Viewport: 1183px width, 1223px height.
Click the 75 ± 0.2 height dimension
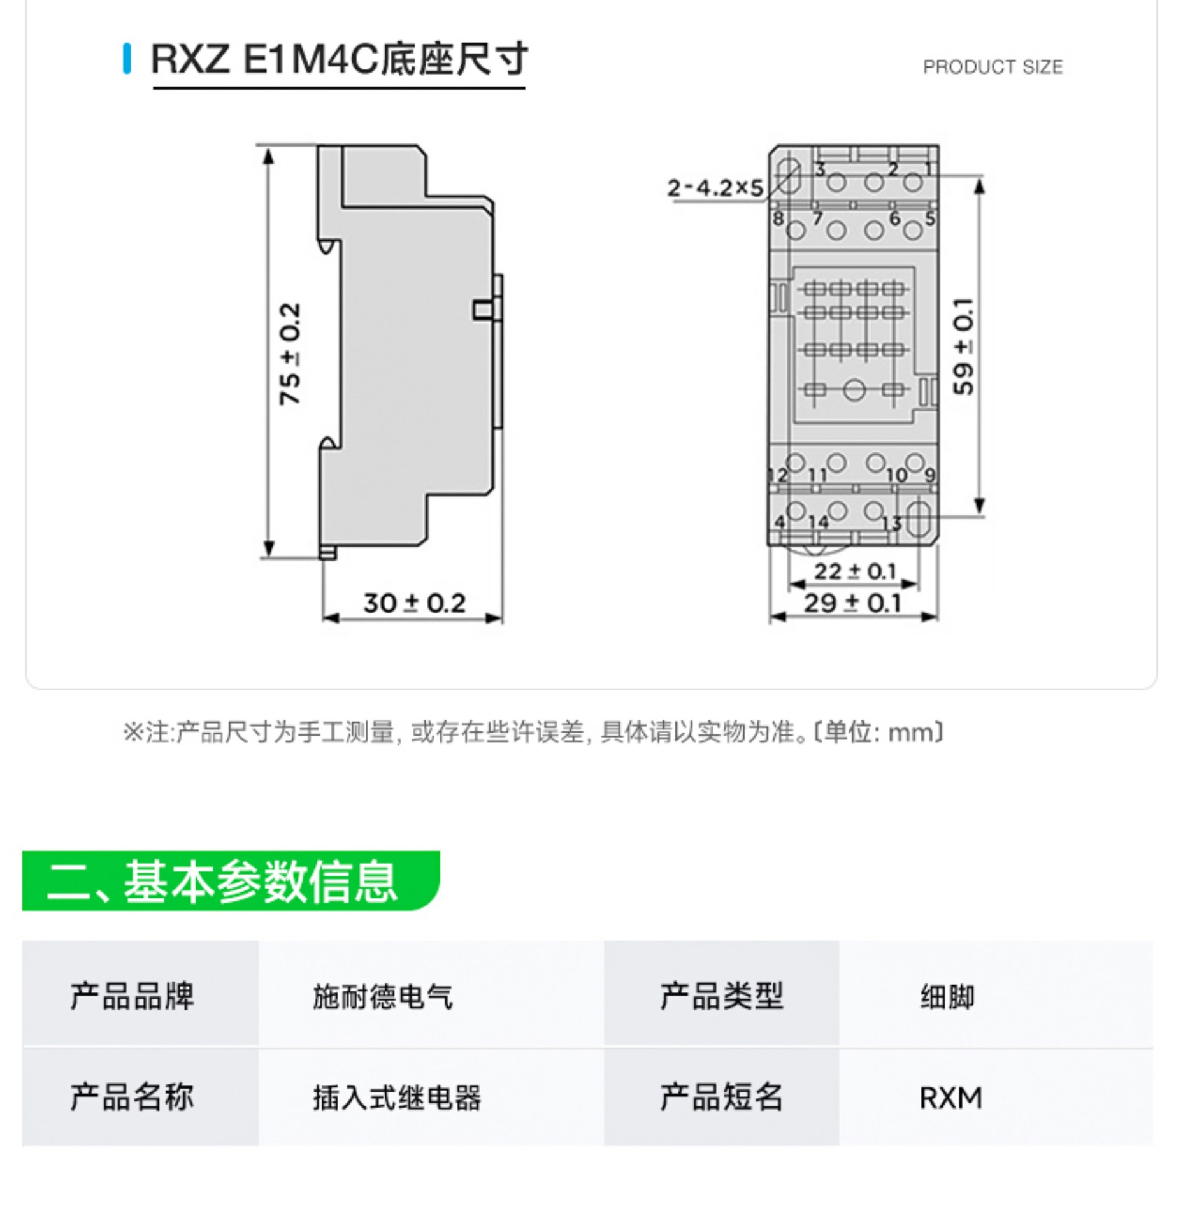pyautogui.click(x=290, y=354)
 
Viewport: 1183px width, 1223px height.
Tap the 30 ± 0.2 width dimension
pyautogui.click(x=414, y=603)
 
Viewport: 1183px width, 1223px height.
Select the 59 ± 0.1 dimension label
pyautogui.click(x=963, y=347)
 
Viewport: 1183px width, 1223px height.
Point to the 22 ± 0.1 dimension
pyautogui.click(x=854, y=571)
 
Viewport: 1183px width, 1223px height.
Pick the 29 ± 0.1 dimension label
pyautogui.click(x=852, y=603)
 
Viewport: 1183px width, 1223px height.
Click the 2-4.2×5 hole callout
pyautogui.click(x=714, y=188)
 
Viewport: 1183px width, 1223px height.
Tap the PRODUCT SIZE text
pyautogui.click(x=992, y=67)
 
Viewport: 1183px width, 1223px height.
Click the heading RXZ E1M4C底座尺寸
pyautogui.click(x=339, y=59)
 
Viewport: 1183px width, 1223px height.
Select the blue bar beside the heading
pyautogui.click(x=127, y=59)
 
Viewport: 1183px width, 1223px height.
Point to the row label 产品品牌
pyautogui.click(x=132, y=996)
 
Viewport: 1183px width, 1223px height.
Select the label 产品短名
pyautogui.click(x=721, y=1098)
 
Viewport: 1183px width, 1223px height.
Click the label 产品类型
pyautogui.click(x=721, y=996)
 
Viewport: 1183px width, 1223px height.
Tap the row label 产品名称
pyautogui.click(x=132, y=1098)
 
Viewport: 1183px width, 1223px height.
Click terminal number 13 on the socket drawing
pyautogui.click(x=891, y=524)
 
